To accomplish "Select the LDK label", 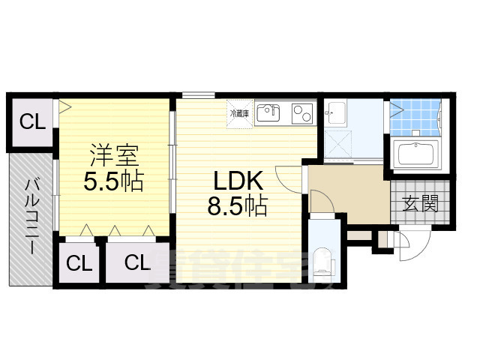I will tap(238, 181).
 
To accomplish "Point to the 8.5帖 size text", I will tap(238, 205).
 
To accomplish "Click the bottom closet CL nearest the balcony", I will tap(79, 262).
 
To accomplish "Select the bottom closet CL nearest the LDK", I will tap(136, 262).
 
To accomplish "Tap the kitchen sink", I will tap(268, 113).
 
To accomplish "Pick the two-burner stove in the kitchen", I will tap(303, 113).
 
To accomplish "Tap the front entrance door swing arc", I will tap(406, 247).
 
